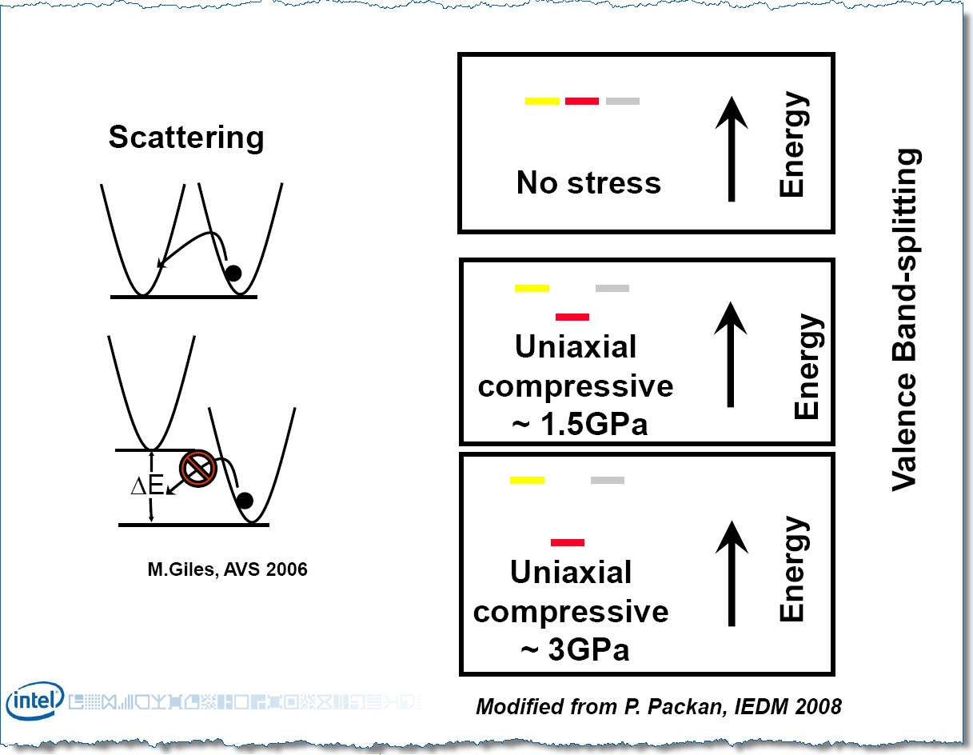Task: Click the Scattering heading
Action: coord(186,138)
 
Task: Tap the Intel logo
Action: coord(35,701)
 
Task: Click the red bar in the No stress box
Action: coord(582,102)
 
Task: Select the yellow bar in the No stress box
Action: coord(542,102)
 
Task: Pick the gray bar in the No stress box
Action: coord(622,102)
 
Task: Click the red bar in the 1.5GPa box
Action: coord(572,317)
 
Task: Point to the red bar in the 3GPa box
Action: coord(568,542)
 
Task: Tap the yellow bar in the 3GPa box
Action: coord(527,480)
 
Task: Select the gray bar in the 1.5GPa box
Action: coord(612,288)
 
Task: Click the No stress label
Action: coord(588,182)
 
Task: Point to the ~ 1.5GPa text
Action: coord(580,424)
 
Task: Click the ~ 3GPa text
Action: coord(575,649)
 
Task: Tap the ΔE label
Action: coord(147,485)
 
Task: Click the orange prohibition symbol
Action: coord(198,469)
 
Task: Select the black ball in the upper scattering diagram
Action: coord(233,273)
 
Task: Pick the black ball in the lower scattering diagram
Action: coord(245,500)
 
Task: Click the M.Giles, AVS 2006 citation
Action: coord(228,569)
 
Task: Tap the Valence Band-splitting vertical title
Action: coord(905,319)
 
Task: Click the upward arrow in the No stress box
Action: coord(732,149)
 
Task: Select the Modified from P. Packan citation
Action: coord(659,706)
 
